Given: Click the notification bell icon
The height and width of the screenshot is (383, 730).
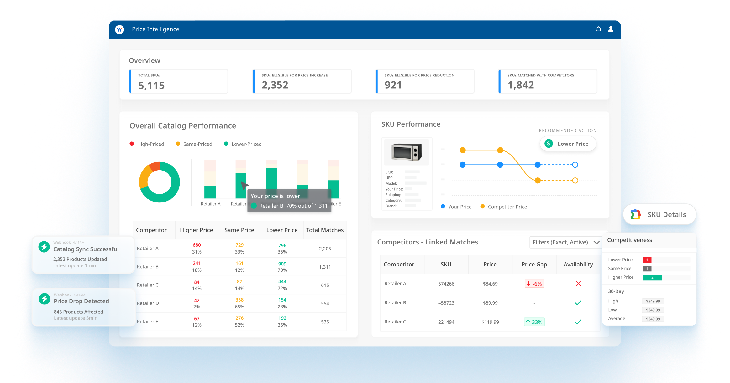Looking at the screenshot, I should [x=598, y=29].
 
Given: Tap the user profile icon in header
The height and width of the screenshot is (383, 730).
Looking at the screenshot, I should [x=611, y=29].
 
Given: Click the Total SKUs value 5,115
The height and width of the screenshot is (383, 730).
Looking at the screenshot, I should [x=151, y=86].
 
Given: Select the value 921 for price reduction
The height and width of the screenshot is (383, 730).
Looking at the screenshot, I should [x=393, y=85].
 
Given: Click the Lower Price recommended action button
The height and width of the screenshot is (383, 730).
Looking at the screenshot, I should [x=568, y=144].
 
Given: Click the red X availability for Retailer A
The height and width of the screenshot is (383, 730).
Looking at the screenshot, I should [x=578, y=284].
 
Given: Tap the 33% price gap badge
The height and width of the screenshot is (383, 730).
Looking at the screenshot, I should [x=534, y=322].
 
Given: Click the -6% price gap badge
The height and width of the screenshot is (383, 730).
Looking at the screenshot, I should [x=534, y=284].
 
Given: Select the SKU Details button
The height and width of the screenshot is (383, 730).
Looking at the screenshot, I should [x=659, y=215].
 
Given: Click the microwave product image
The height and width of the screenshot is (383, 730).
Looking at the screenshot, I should [x=407, y=152].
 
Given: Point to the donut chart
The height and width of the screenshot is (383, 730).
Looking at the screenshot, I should [x=160, y=182].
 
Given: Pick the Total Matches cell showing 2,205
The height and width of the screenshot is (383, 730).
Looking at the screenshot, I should [x=325, y=249].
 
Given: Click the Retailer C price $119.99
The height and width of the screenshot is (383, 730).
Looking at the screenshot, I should [x=490, y=322].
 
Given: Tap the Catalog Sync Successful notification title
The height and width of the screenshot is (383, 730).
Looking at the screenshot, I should [x=86, y=249].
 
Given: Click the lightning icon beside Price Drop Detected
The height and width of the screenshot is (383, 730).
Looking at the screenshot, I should [x=45, y=299].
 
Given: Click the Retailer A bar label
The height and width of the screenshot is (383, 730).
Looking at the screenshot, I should [x=210, y=204].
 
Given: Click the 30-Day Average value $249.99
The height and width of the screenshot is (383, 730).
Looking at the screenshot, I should [x=653, y=319].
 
